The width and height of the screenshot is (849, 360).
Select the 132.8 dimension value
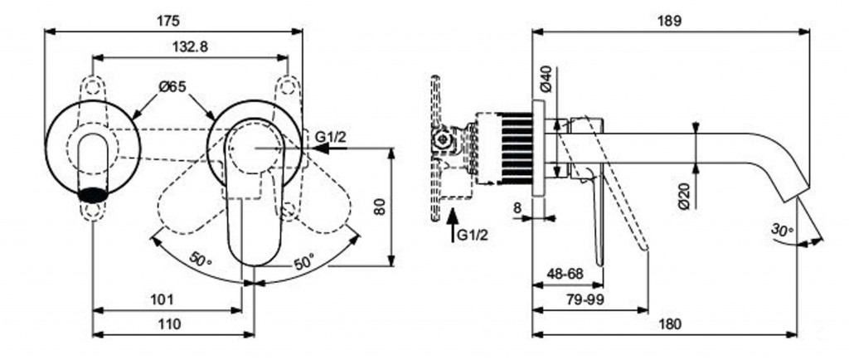point(192,47)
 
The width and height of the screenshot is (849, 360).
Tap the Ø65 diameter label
point(172,85)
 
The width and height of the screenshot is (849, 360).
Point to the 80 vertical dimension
point(380,206)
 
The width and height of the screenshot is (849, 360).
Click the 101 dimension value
point(163,298)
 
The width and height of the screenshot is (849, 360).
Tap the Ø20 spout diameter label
point(684,197)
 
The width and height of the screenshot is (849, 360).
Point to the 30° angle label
point(782,229)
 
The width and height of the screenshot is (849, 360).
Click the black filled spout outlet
point(93,196)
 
